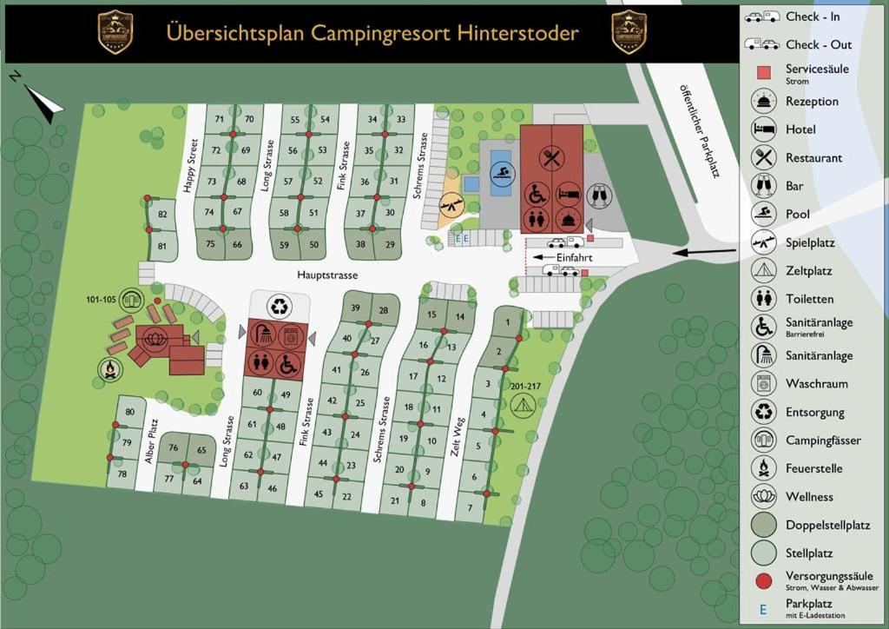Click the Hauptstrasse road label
point(327,275)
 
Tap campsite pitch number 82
point(162,214)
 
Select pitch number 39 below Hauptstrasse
point(355,308)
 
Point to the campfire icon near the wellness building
point(109,370)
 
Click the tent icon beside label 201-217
point(521,404)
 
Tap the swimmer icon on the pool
point(501,172)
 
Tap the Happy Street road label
point(192,165)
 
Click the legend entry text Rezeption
point(812,102)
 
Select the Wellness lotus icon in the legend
point(763,497)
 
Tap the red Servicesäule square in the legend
point(763,73)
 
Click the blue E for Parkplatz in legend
point(763,608)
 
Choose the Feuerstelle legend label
point(813,468)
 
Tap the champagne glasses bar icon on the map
point(598,194)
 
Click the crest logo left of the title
point(115,32)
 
